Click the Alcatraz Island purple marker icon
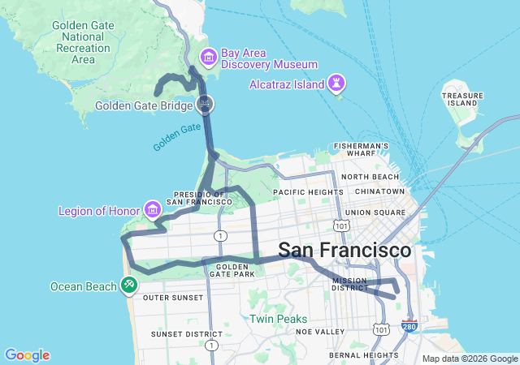336,82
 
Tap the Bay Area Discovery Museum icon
208,57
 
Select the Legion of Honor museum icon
152,211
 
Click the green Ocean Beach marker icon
128,285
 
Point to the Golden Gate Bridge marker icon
206,103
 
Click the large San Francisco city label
344,250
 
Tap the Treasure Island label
461,99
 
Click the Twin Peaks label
278,319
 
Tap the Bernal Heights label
362,354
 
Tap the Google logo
27,355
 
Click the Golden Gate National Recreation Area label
83,41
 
